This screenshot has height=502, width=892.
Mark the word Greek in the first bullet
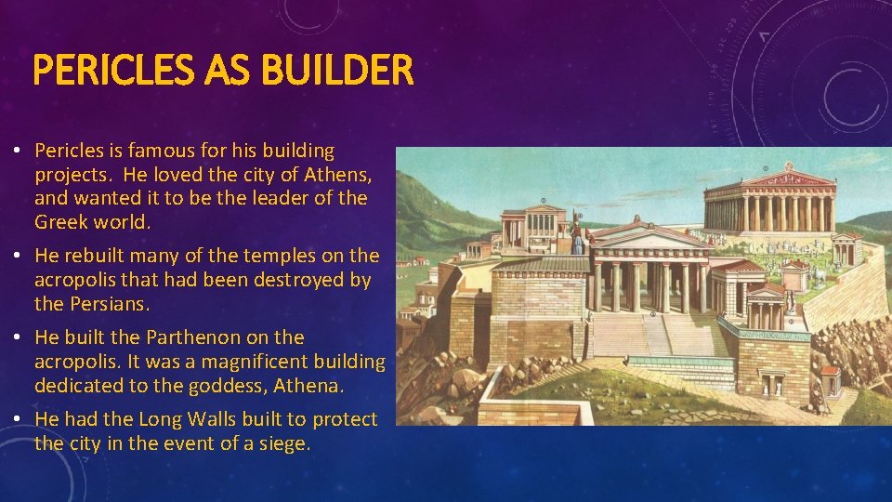point(59,222)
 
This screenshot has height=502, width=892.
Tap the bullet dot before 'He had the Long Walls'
point(20,420)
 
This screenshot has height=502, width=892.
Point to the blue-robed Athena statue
point(578,236)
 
